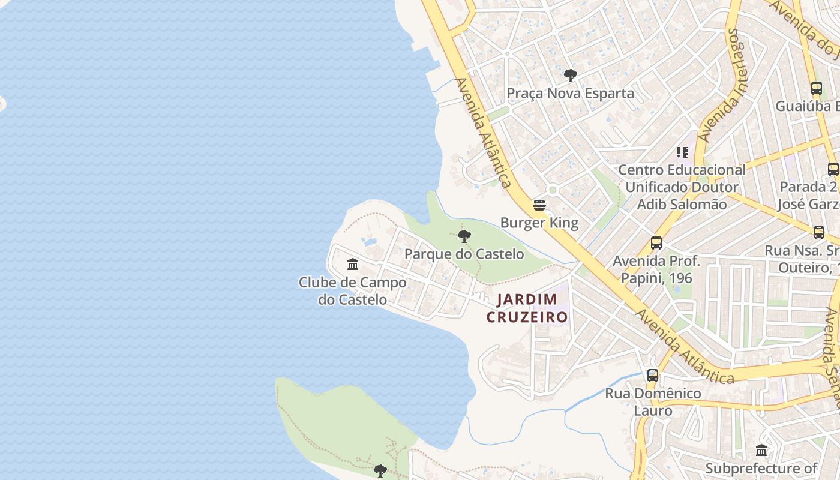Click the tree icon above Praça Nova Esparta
[x=570, y=76]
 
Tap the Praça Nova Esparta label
[x=570, y=94]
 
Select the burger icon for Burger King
[x=539, y=205]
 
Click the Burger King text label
[x=539, y=223]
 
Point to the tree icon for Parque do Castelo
[x=464, y=236]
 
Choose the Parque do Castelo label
[x=464, y=254]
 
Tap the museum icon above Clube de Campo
[x=353, y=264]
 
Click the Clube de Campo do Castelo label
[x=353, y=290]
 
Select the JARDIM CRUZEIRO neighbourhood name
[x=527, y=308]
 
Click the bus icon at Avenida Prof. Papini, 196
[x=656, y=243]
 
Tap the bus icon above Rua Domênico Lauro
[x=653, y=376]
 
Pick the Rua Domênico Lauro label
[x=653, y=402]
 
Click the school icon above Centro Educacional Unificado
[x=682, y=152]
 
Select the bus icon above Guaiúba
[x=816, y=88]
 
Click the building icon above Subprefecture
[x=761, y=450]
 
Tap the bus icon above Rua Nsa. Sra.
[x=818, y=233]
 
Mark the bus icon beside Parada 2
[x=833, y=169]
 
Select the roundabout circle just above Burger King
[x=553, y=190]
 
